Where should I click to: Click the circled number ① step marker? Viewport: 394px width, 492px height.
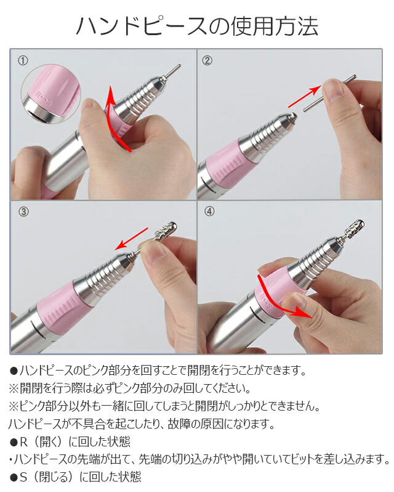coord(23,60)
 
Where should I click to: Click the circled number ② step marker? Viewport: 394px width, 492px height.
coord(207,60)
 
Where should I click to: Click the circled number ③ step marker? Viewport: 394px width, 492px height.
coord(23,212)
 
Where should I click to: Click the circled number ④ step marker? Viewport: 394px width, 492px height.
coord(209,211)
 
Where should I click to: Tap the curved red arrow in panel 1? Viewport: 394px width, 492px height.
coord(110,122)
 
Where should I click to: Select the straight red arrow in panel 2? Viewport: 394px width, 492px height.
coord(304,97)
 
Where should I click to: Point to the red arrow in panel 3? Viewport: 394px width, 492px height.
coord(132,239)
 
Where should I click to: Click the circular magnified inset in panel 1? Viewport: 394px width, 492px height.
coord(51,94)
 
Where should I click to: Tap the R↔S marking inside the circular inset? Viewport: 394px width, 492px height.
coord(43,97)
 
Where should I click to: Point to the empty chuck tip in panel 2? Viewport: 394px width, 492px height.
coord(292,117)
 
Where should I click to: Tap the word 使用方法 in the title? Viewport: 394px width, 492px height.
coord(275,26)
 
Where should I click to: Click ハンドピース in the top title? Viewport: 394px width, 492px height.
coord(142,26)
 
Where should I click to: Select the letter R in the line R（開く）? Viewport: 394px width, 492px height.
coord(24,442)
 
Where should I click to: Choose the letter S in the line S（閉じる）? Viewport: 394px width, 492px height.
coord(24,477)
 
